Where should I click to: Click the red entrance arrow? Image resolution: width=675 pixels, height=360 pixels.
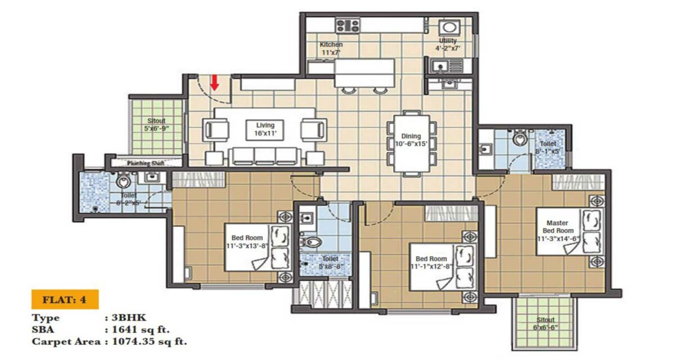[x=214, y=83]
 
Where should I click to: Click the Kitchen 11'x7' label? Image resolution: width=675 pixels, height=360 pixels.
[x=331, y=48]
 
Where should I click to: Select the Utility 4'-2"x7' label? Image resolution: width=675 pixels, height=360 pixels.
[x=448, y=44]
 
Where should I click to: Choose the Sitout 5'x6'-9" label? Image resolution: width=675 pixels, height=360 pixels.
[x=156, y=124]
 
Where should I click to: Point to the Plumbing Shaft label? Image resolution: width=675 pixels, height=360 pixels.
[x=145, y=164]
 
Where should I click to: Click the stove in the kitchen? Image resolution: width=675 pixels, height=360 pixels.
[x=348, y=25]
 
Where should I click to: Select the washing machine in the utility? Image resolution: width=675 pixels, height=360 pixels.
[x=449, y=28]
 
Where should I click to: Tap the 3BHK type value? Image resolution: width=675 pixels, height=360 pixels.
[x=120, y=318]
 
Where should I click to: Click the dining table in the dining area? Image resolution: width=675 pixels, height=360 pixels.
[x=410, y=144]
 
